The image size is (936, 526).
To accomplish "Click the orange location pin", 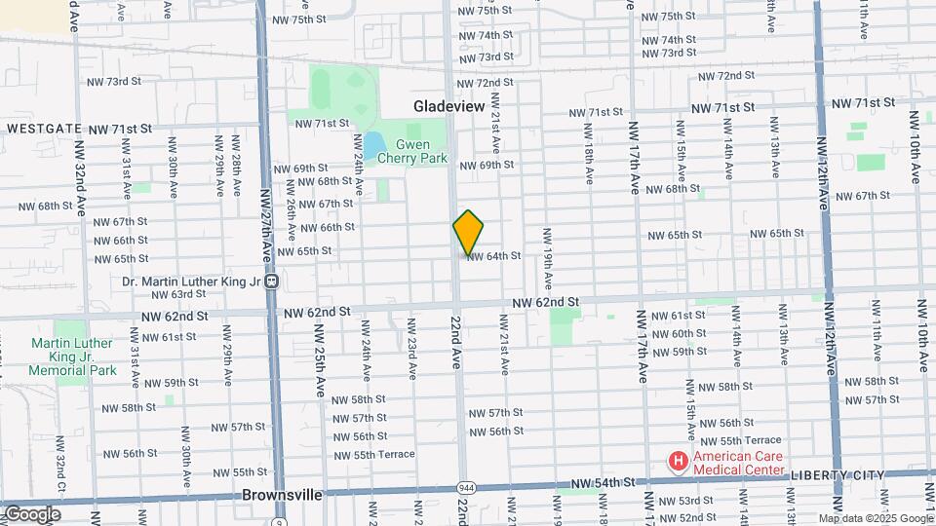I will pos(468,233).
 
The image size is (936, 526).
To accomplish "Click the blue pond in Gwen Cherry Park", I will pos(373,144).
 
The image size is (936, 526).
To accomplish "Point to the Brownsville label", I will pos(282,495).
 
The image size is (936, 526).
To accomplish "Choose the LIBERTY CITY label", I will pos(837,475).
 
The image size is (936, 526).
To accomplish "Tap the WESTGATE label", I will pos(45,129).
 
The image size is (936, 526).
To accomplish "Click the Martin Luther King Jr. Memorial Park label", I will pos(73,357).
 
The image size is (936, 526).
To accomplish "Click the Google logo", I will pos(31,514).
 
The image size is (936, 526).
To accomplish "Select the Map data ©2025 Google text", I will pos(876,518).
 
